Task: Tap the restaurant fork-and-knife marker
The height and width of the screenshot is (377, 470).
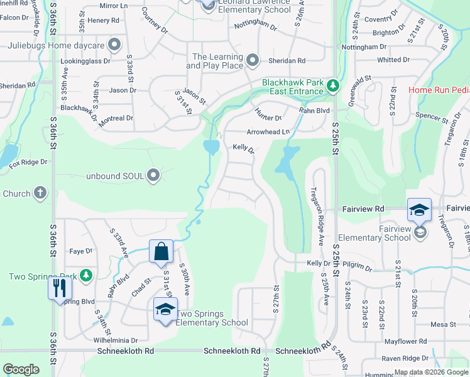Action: tap(60, 288)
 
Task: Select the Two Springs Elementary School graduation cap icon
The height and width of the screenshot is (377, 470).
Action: tap(165, 309)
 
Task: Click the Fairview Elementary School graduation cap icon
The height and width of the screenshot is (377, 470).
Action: tap(419, 209)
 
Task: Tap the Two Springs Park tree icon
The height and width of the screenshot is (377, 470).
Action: tap(86, 275)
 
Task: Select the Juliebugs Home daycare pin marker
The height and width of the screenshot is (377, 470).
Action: tap(114, 45)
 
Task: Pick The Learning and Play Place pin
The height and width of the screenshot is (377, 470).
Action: tap(253, 60)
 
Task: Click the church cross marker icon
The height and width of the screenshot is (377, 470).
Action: tap(40, 193)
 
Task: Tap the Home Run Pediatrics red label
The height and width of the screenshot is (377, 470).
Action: tap(439, 90)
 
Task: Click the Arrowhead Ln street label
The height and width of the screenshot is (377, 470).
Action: tap(268, 132)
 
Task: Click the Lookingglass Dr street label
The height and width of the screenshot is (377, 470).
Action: tap(90, 62)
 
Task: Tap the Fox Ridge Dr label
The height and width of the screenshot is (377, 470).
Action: tap(28, 162)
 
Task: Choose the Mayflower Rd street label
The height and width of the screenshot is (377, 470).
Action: tap(405, 341)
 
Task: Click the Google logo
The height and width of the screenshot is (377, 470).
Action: tap(21, 369)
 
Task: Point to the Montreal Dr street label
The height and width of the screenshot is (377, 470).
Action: tap(116, 118)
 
